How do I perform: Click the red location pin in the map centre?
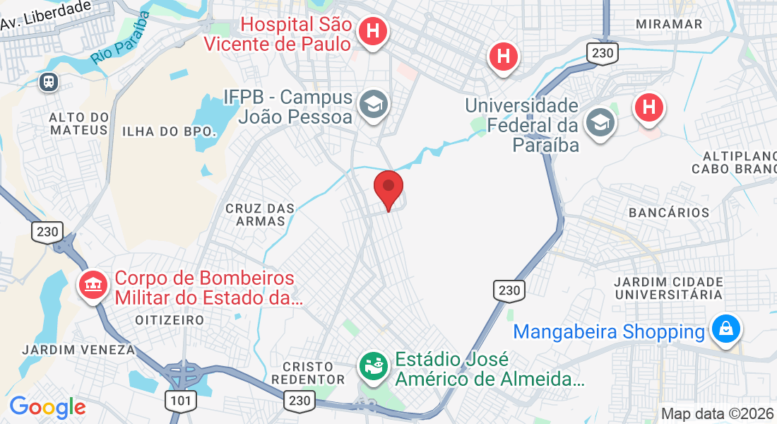[x=388, y=188]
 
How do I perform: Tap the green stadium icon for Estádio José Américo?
[x=374, y=365]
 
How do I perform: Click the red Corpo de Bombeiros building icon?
[x=93, y=285]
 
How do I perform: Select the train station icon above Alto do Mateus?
[x=49, y=81]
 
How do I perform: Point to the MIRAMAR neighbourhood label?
[x=669, y=24]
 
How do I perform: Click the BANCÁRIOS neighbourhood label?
[x=669, y=213]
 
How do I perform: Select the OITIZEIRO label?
[x=170, y=320]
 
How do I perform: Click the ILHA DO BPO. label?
[x=168, y=131]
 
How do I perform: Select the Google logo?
[x=47, y=407]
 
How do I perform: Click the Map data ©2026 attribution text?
[x=716, y=414]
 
